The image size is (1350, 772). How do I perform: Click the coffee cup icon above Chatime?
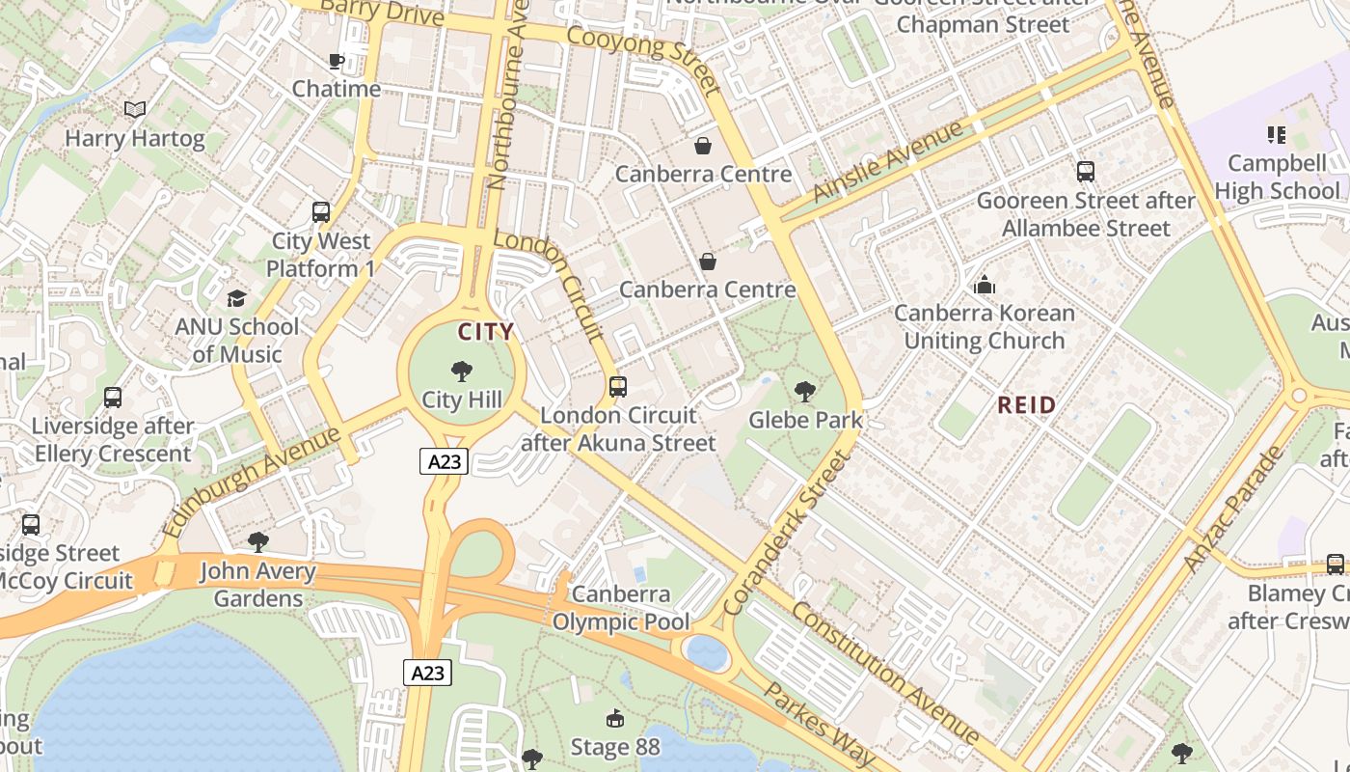coord(337,62)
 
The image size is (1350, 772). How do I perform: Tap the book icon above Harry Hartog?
coord(135,110)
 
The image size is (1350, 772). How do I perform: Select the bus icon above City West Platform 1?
coord(321,212)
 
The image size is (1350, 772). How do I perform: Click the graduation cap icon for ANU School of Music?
coord(236,298)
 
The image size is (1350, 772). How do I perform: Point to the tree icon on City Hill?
coord(462,371)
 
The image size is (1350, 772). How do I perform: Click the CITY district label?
coord(486,333)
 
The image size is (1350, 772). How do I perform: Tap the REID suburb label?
coord(1027,405)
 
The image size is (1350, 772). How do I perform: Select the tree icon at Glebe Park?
coord(804,392)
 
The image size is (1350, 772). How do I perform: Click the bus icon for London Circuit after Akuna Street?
coord(618,387)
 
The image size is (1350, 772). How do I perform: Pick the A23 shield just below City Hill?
coord(445,461)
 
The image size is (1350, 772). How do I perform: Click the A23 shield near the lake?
coord(427,673)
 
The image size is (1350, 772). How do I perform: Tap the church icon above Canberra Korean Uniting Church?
coord(985,285)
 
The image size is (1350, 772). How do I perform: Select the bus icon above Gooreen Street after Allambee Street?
coord(1086,172)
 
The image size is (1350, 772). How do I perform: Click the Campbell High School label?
coord(1277,177)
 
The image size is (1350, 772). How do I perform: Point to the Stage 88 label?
coord(615,747)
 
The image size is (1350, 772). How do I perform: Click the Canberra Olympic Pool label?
coord(621,608)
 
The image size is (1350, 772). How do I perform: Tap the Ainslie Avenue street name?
coord(887,161)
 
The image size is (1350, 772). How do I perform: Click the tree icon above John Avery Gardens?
coord(257,542)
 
